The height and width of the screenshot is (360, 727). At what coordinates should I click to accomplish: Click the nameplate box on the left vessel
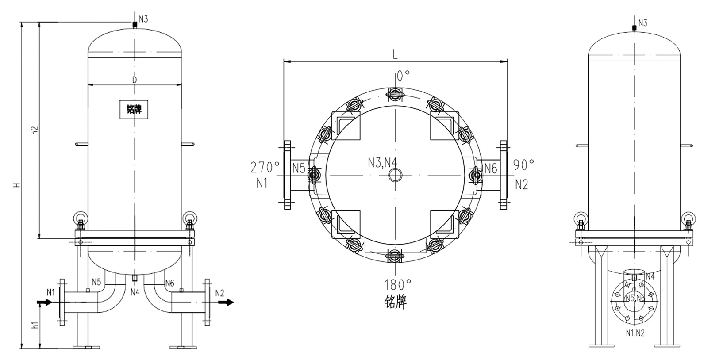(134, 109)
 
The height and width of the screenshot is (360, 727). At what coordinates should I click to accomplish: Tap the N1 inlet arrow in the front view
(44, 302)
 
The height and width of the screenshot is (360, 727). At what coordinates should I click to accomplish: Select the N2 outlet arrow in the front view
(226, 302)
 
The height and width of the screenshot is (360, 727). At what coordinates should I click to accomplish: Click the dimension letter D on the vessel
(135, 80)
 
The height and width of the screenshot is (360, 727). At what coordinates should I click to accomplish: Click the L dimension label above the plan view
(395, 54)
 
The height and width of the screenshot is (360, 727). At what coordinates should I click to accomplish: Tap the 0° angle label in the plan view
(403, 76)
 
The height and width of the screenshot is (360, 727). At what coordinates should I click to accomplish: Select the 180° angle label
(398, 285)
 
